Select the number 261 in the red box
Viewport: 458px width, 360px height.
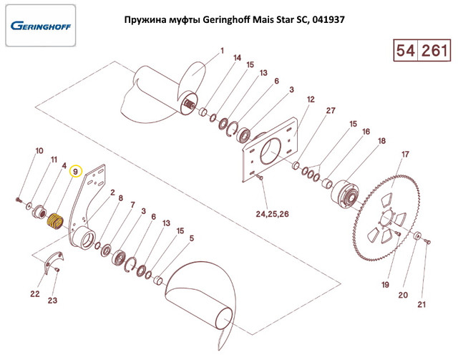[x=434, y=51]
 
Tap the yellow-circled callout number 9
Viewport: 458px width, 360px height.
[x=75, y=172]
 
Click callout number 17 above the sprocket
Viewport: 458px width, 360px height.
[x=405, y=155]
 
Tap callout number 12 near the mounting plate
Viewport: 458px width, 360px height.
[x=311, y=99]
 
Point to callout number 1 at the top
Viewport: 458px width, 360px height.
[x=221, y=51]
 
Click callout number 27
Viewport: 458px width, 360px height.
[x=330, y=110]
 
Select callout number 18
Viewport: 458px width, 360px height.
[x=381, y=141]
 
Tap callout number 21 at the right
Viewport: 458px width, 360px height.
[x=422, y=306]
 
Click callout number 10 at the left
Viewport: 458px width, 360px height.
[x=39, y=151]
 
